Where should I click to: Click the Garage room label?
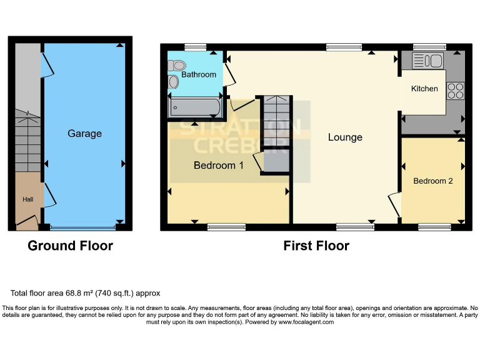[x=84, y=134]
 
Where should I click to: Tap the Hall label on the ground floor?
[x=29, y=199]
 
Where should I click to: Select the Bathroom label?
[x=199, y=74]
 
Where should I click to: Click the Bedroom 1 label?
[x=218, y=166]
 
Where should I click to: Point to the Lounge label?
[x=345, y=137]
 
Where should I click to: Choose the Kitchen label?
[x=424, y=89]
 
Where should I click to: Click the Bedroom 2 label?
[x=433, y=181]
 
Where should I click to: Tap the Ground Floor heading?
[x=70, y=246]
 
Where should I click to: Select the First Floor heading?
[x=316, y=246]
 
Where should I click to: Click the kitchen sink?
[x=427, y=61]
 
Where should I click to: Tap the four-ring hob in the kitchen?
[x=455, y=91]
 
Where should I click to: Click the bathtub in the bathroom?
[x=194, y=107]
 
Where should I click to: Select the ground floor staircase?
[x=27, y=141]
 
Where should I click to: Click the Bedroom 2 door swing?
[x=394, y=205]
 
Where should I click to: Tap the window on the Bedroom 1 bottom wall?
[x=226, y=227]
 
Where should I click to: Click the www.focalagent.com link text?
[x=306, y=322]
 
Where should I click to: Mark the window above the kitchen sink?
[x=429, y=46]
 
